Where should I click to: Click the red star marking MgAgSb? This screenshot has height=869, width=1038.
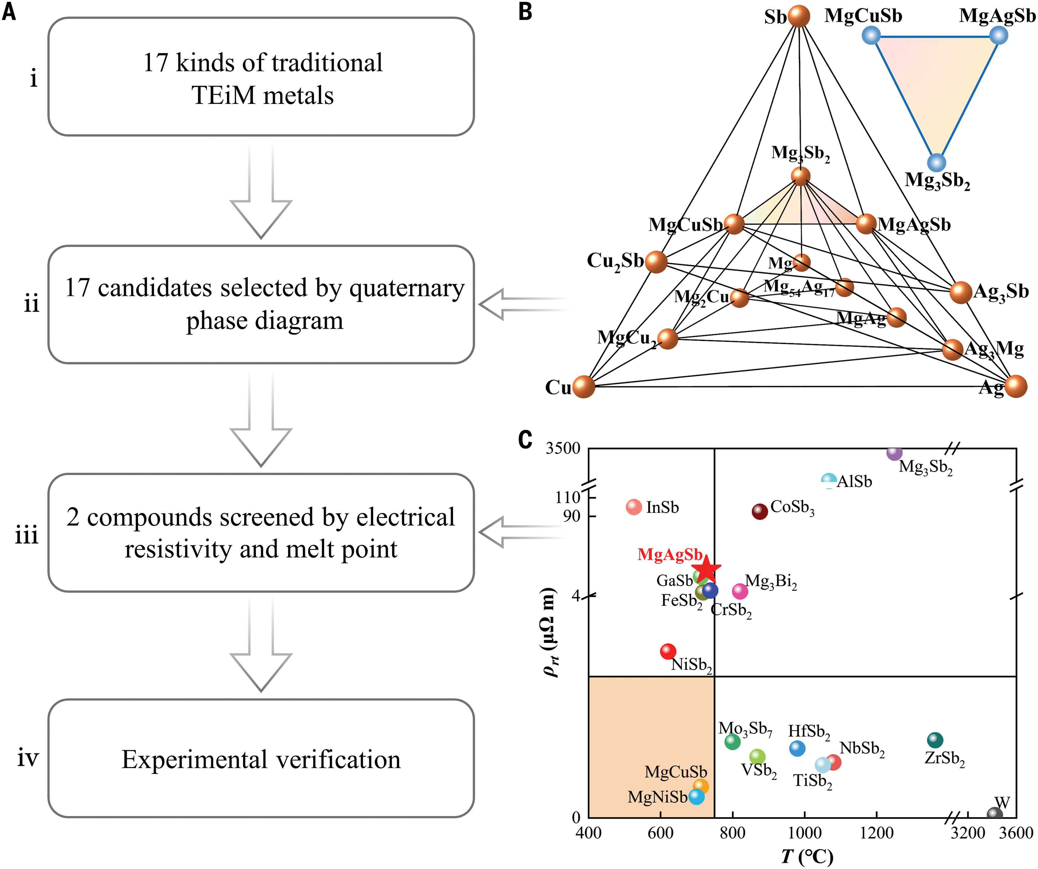tap(706, 569)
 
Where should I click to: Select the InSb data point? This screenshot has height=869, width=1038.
tap(634, 507)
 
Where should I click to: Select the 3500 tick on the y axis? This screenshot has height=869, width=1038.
tap(563, 448)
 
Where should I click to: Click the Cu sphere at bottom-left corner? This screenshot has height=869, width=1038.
tap(584, 387)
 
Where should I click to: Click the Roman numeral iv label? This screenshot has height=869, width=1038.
tap(28, 758)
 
